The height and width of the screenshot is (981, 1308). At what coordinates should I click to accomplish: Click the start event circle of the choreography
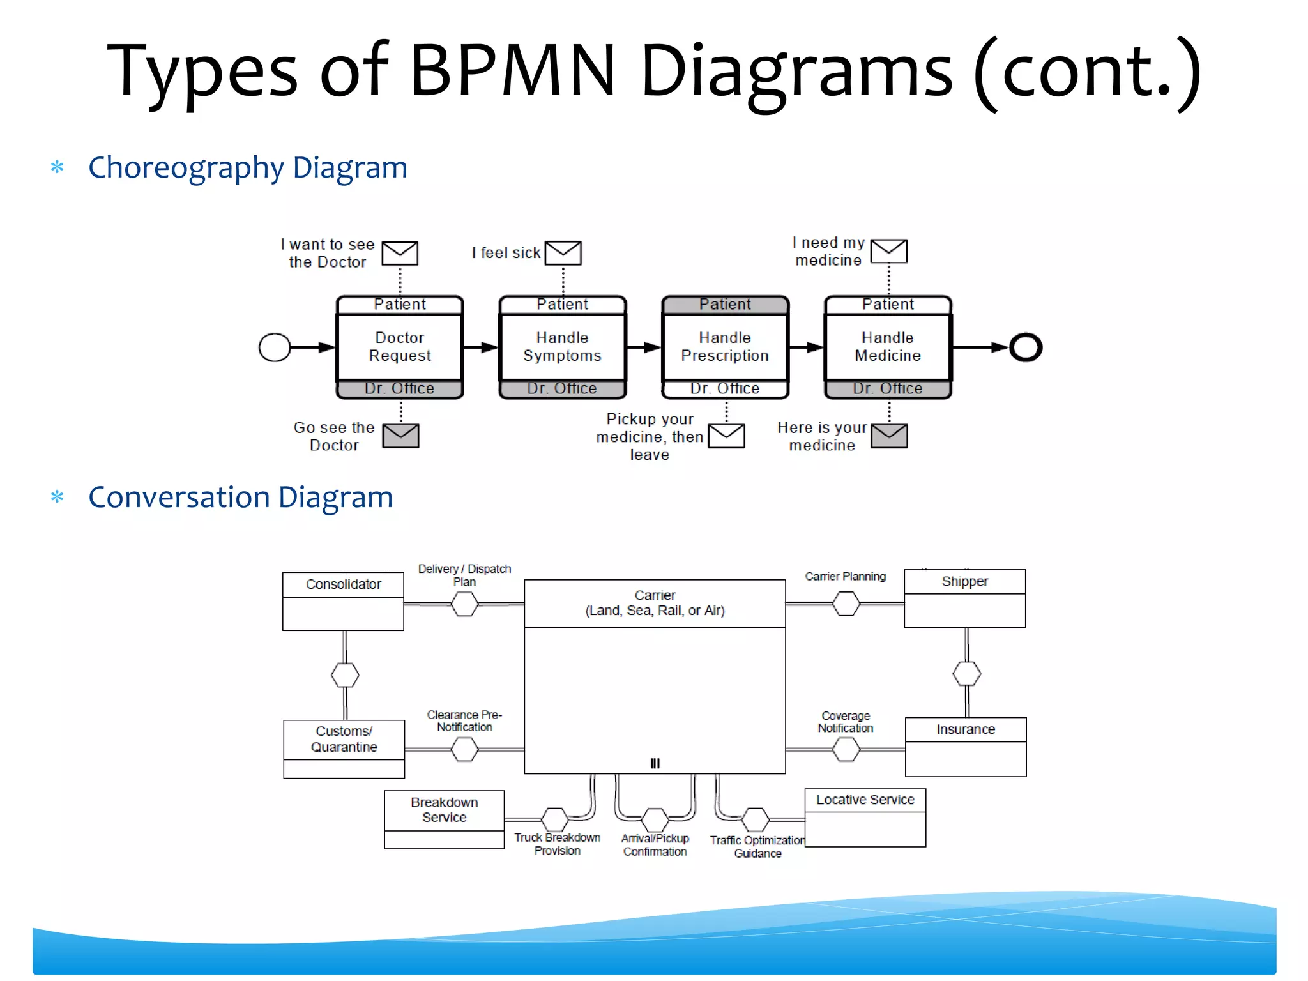[275, 347]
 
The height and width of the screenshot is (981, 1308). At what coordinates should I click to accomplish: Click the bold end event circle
[1026, 347]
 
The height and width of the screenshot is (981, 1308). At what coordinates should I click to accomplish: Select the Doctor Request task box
[400, 347]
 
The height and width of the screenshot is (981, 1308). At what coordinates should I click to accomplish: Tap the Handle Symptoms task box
[562, 347]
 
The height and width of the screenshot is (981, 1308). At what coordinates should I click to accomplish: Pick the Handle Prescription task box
[725, 347]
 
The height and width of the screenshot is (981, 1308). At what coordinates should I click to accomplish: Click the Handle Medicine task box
[888, 347]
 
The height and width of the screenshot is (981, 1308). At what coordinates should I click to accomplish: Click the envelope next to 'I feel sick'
[563, 253]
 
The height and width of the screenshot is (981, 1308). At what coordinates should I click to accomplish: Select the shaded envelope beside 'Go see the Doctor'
[400, 436]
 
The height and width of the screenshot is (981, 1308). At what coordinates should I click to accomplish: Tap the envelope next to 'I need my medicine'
[888, 251]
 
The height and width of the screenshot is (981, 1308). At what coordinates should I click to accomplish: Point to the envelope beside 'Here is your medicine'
[889, 436]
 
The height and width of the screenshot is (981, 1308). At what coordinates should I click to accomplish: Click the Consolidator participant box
[343, 600]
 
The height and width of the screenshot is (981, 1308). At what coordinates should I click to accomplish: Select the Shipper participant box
[964, 598]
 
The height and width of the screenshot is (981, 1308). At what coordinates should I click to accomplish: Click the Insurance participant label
[965, 729]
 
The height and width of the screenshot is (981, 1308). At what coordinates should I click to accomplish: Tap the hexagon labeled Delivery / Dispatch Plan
[464, 604]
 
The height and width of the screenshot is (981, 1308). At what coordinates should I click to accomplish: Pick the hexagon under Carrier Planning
[846, 604]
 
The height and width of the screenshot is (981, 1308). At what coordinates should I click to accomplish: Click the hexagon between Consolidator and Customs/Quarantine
[345, 674]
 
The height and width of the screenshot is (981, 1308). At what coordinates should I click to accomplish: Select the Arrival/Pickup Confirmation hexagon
[655, 819]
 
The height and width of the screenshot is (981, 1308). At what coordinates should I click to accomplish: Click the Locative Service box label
[865, 800]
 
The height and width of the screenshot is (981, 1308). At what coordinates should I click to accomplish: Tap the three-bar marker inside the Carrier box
[655, 763]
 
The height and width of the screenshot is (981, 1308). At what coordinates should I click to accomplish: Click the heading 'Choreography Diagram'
[247, 167]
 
